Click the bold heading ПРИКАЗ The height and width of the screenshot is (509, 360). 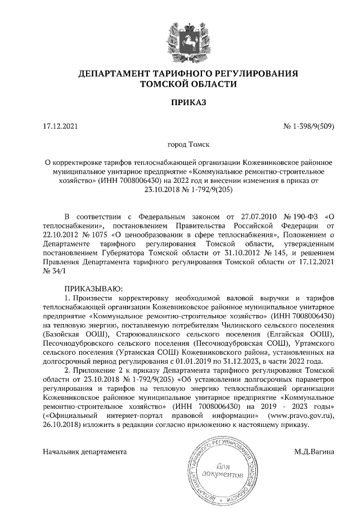[x=180, y=102]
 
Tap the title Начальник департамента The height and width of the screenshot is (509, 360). [x=84, y=451]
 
